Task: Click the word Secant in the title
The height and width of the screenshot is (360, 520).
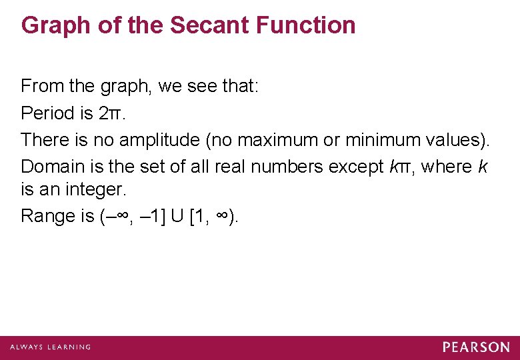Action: click(207, 25)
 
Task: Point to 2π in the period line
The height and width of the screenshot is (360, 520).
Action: click(109, 113)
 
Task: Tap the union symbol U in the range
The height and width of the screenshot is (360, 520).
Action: click(176, 216)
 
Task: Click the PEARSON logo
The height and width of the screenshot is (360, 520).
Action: click(476, 347)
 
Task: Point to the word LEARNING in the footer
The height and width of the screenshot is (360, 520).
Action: click(67, 347)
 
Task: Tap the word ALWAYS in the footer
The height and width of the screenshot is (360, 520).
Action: click(25, 347)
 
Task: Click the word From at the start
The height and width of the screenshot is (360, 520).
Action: click(37, 87)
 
